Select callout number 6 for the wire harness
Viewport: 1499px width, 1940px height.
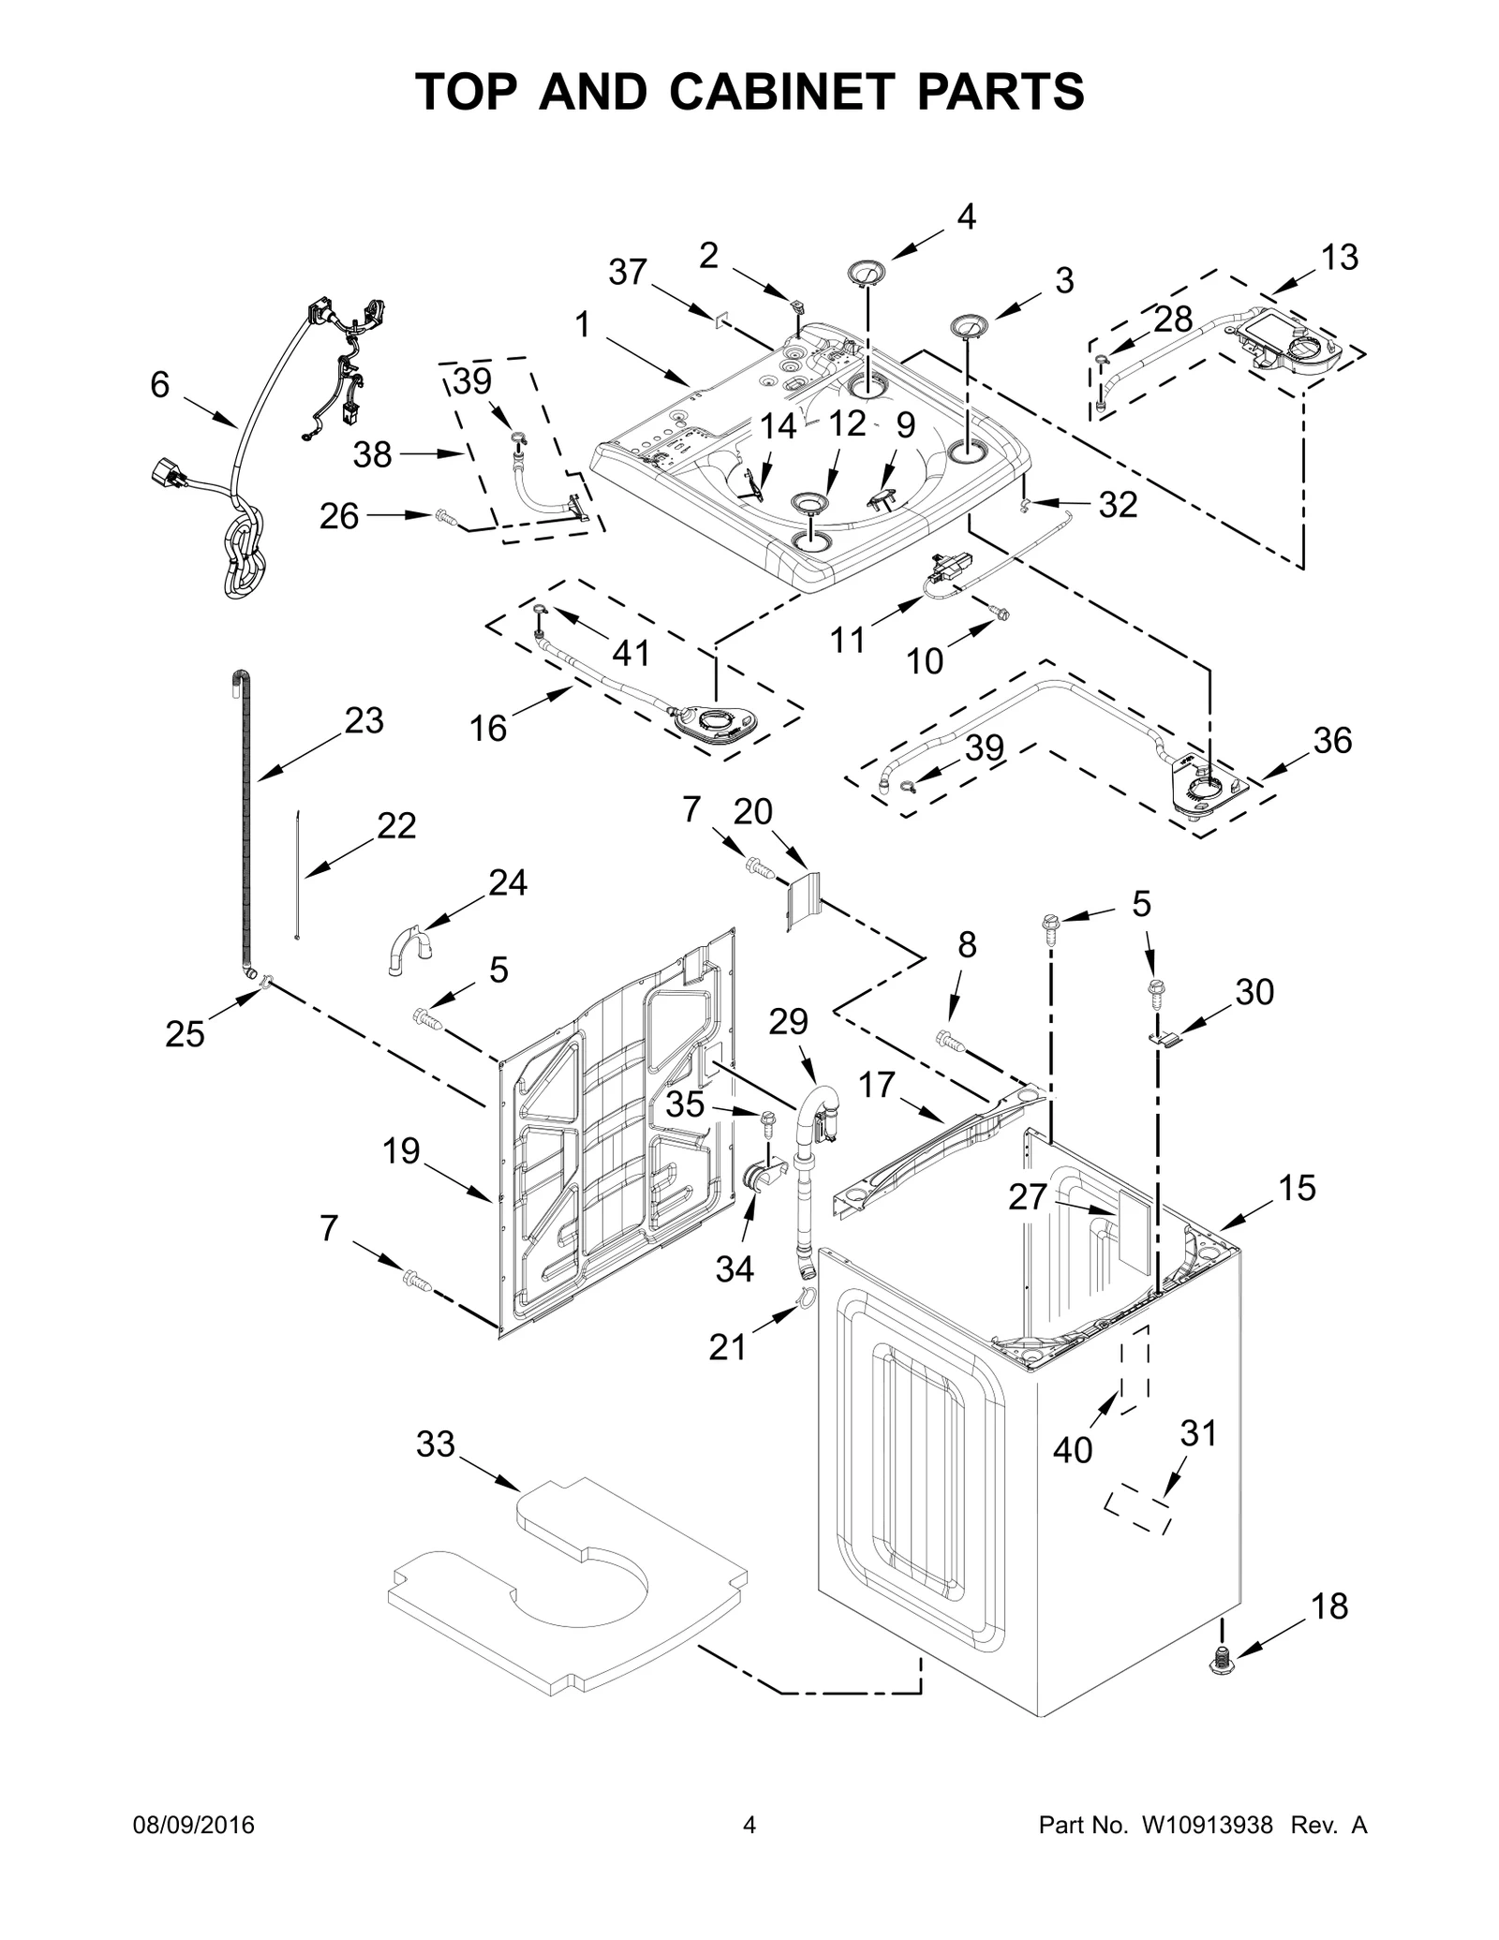pos(160,384)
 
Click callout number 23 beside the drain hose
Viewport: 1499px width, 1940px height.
pos(364,720)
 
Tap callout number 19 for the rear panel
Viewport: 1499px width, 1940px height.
pos(401,1150)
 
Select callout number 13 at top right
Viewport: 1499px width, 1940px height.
pos(1340,257)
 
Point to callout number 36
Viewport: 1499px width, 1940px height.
pos(1332,741)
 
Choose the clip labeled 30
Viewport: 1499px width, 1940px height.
pos(1163,1038)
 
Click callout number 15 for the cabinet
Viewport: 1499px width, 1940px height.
pos(1298,1188)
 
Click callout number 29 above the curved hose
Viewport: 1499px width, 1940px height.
pos(788,1021)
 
